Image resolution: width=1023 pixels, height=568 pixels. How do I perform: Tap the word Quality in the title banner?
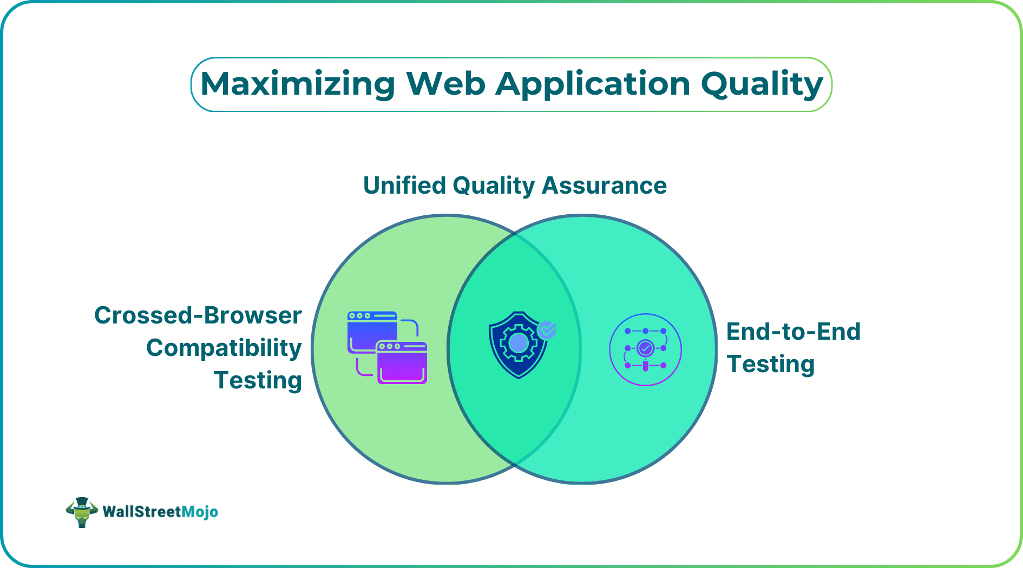click(762, 84)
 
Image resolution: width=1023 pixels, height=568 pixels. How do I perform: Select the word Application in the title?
click(593, 84)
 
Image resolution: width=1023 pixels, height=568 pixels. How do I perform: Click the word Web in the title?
click(445, 84)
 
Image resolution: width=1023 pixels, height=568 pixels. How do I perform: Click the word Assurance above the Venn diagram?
click(604, 186)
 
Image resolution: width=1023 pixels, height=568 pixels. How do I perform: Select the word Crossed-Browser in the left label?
click(198, 315)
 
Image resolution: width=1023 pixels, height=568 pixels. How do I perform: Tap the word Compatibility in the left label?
click(224, 348)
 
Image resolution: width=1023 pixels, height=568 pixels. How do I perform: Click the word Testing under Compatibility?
click(258, 380)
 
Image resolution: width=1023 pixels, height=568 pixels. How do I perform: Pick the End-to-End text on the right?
click(793, 332)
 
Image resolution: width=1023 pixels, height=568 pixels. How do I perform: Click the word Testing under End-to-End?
click(770, 364)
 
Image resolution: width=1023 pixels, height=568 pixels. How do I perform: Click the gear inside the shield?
click(518, 342)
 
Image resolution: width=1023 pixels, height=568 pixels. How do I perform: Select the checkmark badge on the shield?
click(547, 329)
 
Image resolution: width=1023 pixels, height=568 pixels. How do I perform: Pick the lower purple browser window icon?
click(402, 363)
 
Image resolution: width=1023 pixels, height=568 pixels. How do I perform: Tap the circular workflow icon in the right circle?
click(645, 349)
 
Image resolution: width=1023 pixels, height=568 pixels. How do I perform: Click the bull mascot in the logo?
click(82, 512)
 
